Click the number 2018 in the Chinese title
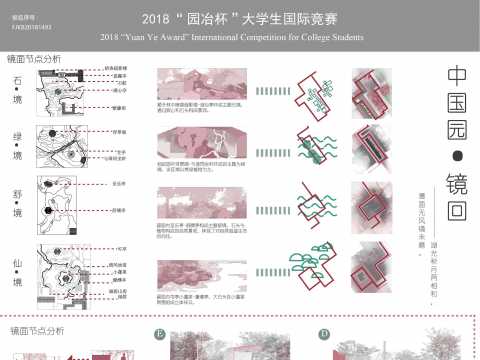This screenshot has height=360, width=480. tap(157, 18)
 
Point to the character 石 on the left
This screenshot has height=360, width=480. tap(16, 79)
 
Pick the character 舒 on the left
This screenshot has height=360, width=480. tap(16, 197)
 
